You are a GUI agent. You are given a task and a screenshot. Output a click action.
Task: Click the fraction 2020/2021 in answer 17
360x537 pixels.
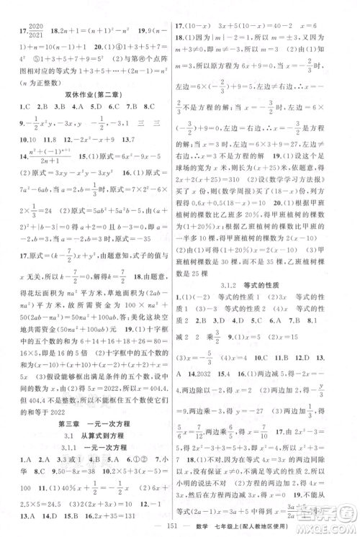click(x=35, y=12)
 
